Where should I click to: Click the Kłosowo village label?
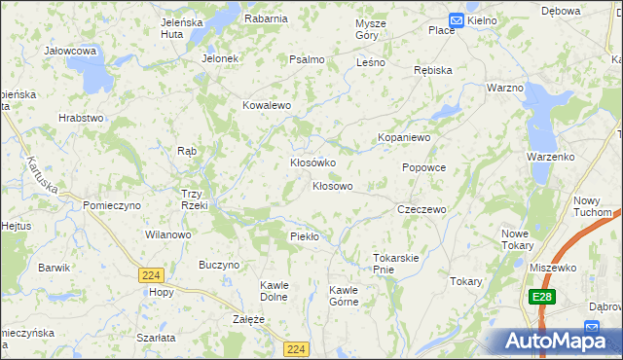[332, 185]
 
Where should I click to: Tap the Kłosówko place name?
[313, 162]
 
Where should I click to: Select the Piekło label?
[305, 236]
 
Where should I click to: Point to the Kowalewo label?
[267, 105]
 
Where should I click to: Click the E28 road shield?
[542, 296]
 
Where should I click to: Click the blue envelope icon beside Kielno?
[457, 19]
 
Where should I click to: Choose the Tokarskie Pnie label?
[395, 264]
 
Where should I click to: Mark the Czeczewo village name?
[421, 209]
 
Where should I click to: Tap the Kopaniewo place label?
[404, 138]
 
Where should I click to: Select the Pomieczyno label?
[112, 206]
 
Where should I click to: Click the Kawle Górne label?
[344, 296]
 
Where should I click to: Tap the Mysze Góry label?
[371, 28]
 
